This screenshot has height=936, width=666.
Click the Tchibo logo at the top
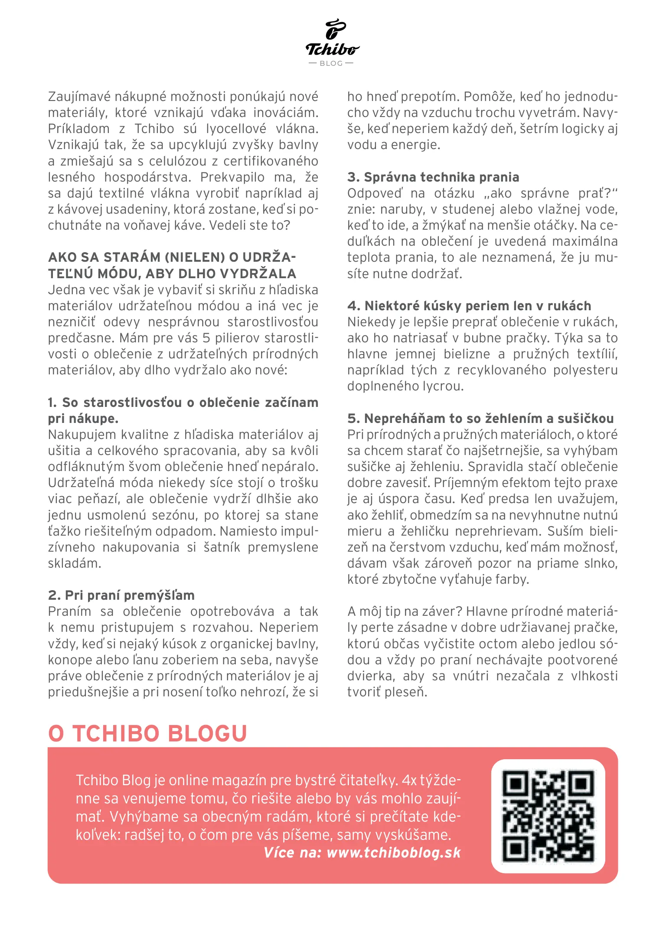pos(332,39)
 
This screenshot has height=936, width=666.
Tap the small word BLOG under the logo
pos(331,63)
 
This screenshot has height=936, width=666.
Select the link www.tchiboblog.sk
pos(393,853)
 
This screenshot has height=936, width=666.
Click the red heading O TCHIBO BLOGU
pos(147,734)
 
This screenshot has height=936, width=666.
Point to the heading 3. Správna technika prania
pos(433,177)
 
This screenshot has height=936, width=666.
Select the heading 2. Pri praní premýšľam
pos(121,595)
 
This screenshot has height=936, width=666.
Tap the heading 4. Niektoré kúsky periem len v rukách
pos(469,306)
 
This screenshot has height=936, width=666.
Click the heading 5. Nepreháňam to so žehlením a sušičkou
pos(480,419)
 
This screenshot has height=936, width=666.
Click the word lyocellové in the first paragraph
pos(236,129)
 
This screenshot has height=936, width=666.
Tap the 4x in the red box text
pos(409,780)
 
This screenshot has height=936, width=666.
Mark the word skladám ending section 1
pos(74,564)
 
